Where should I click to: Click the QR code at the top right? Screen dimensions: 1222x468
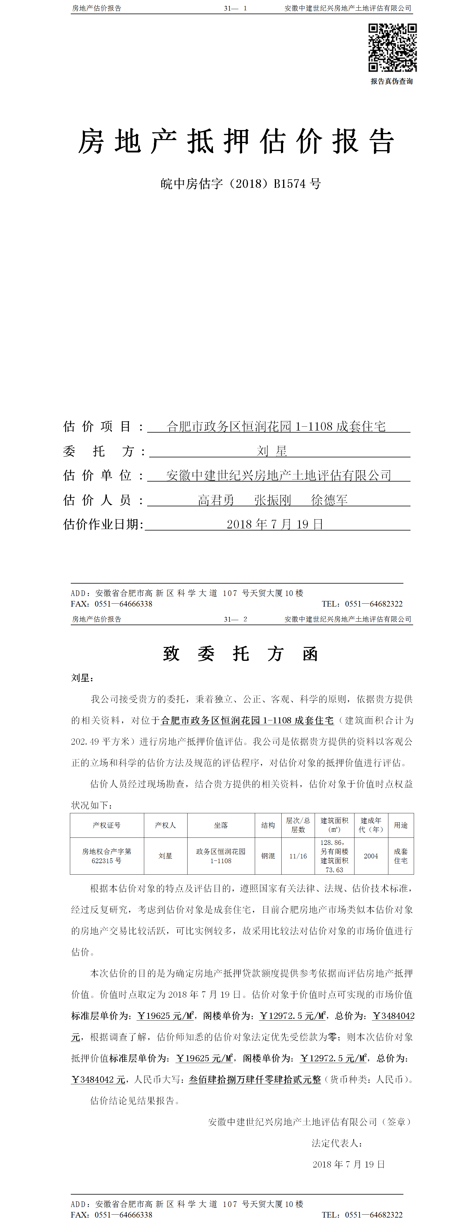pos(392,47)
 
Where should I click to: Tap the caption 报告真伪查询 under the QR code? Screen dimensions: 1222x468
pos(391,81)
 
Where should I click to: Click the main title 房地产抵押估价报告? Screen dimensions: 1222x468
pos(236,141)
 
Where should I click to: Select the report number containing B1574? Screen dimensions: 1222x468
pos(240,184)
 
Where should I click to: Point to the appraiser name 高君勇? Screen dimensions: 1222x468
pos(216,500)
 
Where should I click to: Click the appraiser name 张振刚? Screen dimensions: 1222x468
pos(272,500)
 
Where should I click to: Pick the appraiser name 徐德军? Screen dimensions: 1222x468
pos(329,500)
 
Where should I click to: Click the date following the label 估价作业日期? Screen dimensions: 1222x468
pos(275,524)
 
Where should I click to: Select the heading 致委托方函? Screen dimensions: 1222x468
pos(240,654)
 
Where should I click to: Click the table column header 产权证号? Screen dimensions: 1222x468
pos(107,825)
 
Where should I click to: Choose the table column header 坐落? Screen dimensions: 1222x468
pos(221,825)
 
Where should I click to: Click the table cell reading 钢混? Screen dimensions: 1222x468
pos(268,856)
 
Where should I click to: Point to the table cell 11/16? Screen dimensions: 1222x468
pos(298,856)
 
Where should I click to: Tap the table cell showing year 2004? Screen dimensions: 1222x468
pos(371,856)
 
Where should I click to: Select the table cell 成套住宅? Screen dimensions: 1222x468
pos(401,856)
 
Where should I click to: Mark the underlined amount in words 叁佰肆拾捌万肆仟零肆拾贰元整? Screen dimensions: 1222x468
pos(254,1079)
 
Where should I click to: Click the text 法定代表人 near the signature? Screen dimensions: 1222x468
pos(336,1143)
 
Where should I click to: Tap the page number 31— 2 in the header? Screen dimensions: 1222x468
pos(236,619)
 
